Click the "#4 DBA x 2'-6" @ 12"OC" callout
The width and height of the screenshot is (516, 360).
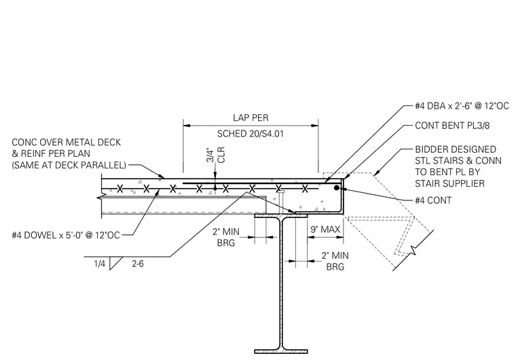point(462,106)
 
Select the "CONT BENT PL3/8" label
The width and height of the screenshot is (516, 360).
point(452,126)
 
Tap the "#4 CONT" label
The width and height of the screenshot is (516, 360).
point(433,200)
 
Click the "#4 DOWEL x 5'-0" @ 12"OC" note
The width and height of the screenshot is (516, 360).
point(66,235)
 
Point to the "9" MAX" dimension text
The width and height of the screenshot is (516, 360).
point(325,229)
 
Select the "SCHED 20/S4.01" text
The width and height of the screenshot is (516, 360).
point(250,134)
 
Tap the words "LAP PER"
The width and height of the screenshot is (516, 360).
point(251,118)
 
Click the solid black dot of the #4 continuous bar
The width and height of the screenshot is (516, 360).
point(336,187)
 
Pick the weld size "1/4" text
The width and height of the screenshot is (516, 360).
point(99,264)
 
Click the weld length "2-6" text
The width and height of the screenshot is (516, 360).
point(138,264)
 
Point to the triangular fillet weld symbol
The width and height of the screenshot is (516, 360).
point(115,263)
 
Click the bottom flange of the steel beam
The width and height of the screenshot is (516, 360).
point(281,351)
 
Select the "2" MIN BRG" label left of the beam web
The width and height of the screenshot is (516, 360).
point(225,237)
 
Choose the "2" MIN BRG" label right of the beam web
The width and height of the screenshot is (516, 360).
point(335,261)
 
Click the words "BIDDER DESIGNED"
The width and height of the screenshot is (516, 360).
point(456,149)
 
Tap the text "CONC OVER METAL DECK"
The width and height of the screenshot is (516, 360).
point(66,142)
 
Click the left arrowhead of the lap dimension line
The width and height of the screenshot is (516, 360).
point(187,125)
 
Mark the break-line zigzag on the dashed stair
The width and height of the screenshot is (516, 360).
point(413,251)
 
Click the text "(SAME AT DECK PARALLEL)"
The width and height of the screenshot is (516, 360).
point(69,165)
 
